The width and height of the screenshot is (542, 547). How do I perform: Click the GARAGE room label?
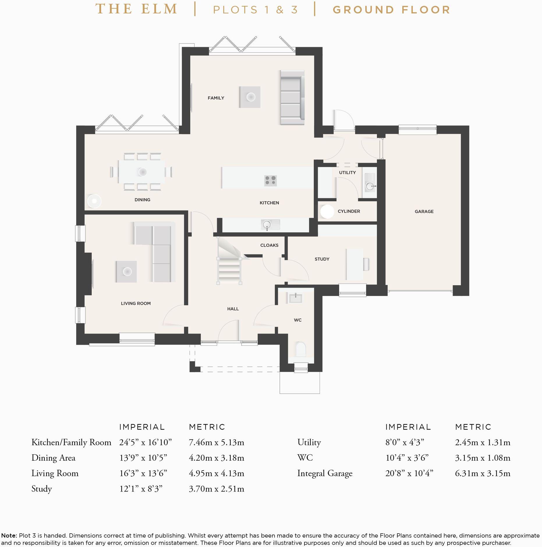click(424, 211)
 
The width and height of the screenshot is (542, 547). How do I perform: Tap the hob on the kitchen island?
click(270, 181)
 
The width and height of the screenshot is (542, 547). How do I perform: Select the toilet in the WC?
click(301, 349)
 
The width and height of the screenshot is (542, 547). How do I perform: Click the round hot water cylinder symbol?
click(327, 212)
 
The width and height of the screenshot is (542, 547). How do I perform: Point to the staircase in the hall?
click(229, 261)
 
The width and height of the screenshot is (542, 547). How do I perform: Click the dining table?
click(141, 172)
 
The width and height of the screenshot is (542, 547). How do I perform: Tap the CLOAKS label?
click(269, 245)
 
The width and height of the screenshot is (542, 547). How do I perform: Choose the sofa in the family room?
click(292, 97)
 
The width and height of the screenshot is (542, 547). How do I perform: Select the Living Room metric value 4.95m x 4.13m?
click(216, 473)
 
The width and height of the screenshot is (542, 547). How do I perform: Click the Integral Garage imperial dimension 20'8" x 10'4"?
click(409, 473)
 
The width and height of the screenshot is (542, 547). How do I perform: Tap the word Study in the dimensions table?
click(42, 489)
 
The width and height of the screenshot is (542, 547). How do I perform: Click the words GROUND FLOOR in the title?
click(392, 10)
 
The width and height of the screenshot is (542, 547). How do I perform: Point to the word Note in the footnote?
click(9, 535)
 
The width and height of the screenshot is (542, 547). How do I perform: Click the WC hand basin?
click(295, 298)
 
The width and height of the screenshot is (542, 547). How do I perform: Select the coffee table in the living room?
click(126, 272)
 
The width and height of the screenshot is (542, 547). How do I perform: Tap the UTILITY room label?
click(347, 172)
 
